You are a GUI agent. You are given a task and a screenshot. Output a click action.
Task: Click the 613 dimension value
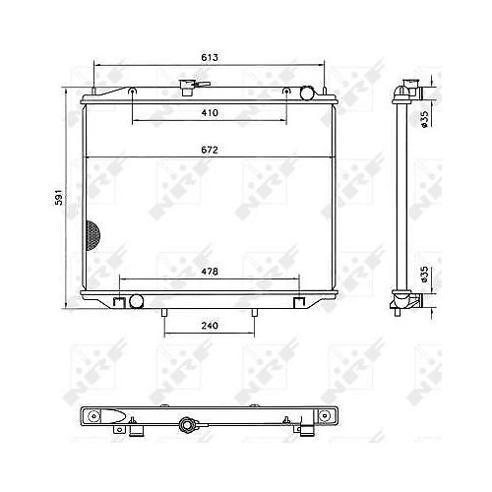(210, 57)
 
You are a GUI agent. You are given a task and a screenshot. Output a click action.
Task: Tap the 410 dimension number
(210, 113)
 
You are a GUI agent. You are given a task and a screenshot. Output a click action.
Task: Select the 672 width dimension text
(210, 150)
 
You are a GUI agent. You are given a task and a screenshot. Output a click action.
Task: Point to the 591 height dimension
(58, 197)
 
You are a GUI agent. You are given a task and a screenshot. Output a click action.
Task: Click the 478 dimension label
(210, 272)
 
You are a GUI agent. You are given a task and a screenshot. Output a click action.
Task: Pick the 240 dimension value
(210, 326)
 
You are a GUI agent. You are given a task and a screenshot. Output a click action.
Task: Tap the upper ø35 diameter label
(424, 119)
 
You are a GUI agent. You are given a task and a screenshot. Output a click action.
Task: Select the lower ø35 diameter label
(424, 275)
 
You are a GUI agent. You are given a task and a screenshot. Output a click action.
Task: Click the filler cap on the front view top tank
(187, 88)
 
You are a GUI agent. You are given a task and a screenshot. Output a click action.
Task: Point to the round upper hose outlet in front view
(307, 93)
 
